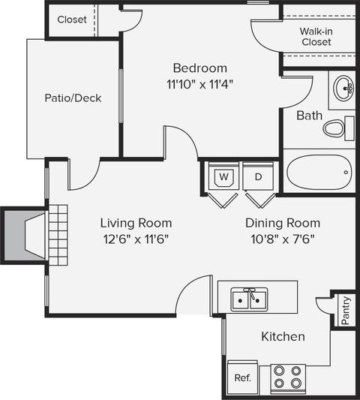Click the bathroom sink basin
pyautogui.click(x=343, y=89)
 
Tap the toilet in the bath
pyautogui.click(x=338, y=128)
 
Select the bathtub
pyautogui.click(x=319, y=172)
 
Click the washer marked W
pyautogui.click(x=223, y=177)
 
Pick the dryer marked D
pyautogui.click(x=258, y=177)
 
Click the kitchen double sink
pyautogui.click(x=249, y=299)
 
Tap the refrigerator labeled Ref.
pyautogui.click(x=242, y=378)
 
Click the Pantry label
pyautogui.click(x=345, y=311)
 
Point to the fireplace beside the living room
pyautogui.click(x=24, y=236)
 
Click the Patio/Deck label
pyautogui.click(x=73, y=98)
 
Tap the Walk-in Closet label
pyautogui.click(x=316, y=37)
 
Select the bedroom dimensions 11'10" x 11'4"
pyautogui.click(x=200, y=84)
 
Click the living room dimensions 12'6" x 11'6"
pyautogui.click(x=136, y=239)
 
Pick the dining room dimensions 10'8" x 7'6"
pyautogui.click(x=283, y=239)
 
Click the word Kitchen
pyautogui.click(x=283, y=336)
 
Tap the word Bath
pyautogui.click(x=309, y=116)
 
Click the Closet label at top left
pyautogui.click(x=72, y=20)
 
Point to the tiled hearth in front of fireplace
pyautogui.click(x=58, y=235)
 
